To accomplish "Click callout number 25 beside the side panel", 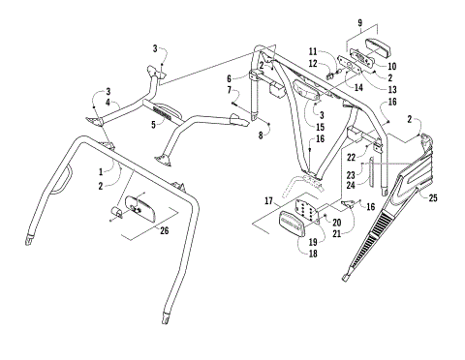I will coord(432,197).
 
